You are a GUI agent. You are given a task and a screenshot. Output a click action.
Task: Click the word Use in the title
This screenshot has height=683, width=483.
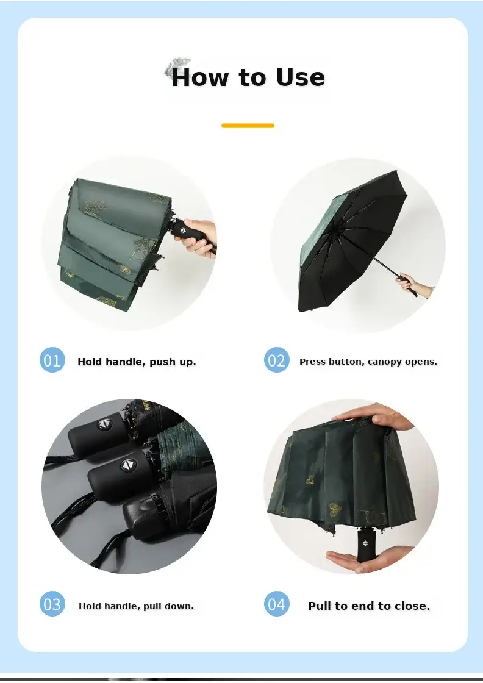click(x=301, y=77)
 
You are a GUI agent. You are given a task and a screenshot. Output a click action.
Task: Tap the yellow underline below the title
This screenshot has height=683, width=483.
click(x=248, y=126)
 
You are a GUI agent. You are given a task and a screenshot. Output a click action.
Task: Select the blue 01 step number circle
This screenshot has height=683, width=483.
click(x=52, y=360)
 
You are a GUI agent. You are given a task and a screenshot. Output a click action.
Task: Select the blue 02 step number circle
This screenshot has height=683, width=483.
click(x=276, y=360)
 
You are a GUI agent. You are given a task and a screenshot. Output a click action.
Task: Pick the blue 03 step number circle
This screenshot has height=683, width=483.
click(x=52, y=604)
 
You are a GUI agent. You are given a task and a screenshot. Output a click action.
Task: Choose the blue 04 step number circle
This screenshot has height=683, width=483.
click(x=276, y=604)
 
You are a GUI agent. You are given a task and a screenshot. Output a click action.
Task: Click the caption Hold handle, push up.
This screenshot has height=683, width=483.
click(x=137, y=362)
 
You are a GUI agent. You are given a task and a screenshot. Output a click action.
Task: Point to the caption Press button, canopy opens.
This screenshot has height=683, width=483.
click(x=368, y=362)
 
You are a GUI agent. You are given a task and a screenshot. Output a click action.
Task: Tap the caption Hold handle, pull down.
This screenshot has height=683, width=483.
click(x=137, y=606)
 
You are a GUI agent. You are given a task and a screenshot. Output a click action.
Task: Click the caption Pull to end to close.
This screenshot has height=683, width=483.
click(x=369, y=606)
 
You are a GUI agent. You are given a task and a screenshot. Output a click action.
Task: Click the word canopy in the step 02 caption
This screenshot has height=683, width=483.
click(x=385, y=362)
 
